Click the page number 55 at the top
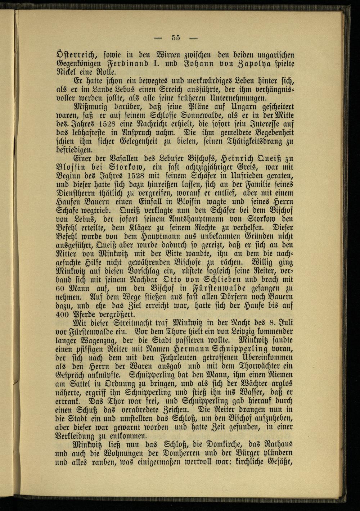176,37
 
